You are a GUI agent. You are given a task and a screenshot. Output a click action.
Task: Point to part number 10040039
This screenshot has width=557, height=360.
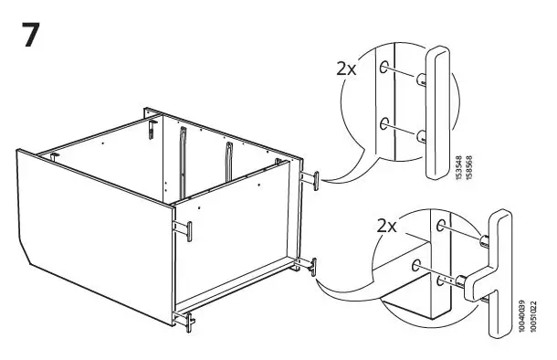tap(520, 316)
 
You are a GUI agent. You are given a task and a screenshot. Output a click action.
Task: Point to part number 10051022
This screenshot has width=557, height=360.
tap(530, 316)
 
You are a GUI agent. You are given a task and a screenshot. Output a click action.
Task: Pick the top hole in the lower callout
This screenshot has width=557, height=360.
tap(443, 225)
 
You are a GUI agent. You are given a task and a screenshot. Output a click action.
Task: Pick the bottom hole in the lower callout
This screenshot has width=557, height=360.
tap(417, 266)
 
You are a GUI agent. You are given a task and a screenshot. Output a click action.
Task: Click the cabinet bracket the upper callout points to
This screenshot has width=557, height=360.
tap(314, 179)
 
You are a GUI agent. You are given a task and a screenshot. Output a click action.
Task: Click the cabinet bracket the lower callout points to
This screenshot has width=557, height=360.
tap(313, 266)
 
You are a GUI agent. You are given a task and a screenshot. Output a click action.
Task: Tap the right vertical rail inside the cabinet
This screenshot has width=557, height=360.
tap(225, 164)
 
